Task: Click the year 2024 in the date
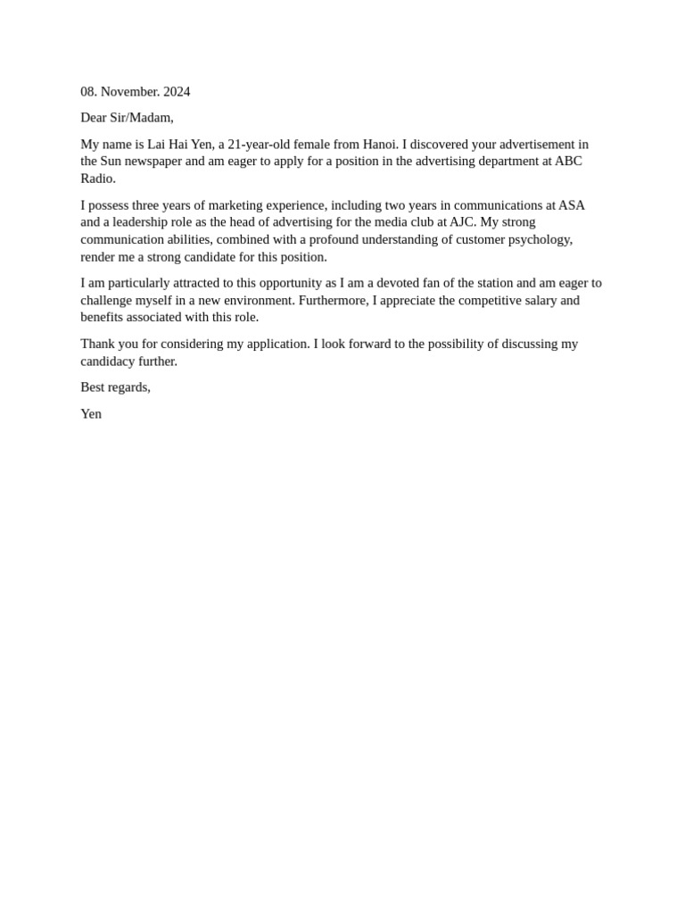pyautogui.click(x=177, y=92)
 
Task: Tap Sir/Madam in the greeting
pyautogui.click(x=141, y=118)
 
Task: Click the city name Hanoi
pyautogui.click(x=380, y=145)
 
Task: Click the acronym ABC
pyautogui.click(x=568, y=162)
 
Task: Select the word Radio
pyautogui.click(x=97, y=179)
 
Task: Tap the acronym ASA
pyautogui.click(x=572, y=205)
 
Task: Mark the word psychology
pyautogui.click(x=540, y=239)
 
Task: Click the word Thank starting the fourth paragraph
pyautogui.click(x=97, y=344)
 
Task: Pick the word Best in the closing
pyautogui.click(x=93, y=387)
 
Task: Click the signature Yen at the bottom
pyautogui.click(x=91, y=414)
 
